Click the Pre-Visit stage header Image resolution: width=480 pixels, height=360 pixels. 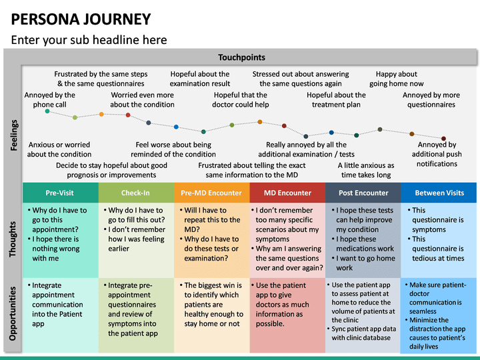pyautogui.click(x=60, y=193)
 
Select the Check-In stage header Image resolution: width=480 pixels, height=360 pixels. pyautogui.click(x=135, y=193)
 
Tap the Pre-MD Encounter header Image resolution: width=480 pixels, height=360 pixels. pyautogui.click(x=211, y=193)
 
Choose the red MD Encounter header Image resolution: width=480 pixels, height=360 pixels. pyautogui.click(x=287, y=193)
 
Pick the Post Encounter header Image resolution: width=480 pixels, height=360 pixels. pyautogui.click(x=363, y=193)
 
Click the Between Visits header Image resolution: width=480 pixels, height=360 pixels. pyautogui.click(x=439, y=193)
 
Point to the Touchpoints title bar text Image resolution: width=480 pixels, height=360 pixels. pyautogui.click(x=241, y=57)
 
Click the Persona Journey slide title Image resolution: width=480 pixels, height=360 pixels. pyautogui.click(x=81, y=19)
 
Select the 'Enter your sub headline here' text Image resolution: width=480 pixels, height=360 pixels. pyautogui.click(x=89, y=40)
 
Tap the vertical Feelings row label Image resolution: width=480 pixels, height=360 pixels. pyautogui.click(x=14, y=135)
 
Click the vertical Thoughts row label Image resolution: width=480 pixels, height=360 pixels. pyautogui.click(x=13, y=239)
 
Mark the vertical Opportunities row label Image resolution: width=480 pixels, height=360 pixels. pyautogui.click(x=13, y=313)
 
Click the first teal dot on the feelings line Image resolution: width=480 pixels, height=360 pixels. pyautogui.click(x=47, y=111)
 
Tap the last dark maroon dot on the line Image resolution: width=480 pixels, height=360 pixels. pyautogui.click(x=443, y=139)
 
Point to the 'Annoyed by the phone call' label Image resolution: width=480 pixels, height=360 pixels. pyautogui.click(x=49, y=100)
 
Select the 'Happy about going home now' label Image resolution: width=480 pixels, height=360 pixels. pyautogui.click(x=397, y=79)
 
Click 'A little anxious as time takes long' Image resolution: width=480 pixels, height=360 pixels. pyautogui.click(x=366, y=170)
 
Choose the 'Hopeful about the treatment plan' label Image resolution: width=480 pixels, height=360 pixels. pyautogui.click(x=336, y=100)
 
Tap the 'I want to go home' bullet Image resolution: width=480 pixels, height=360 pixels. pyautogui.click(x=364, y=263)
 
